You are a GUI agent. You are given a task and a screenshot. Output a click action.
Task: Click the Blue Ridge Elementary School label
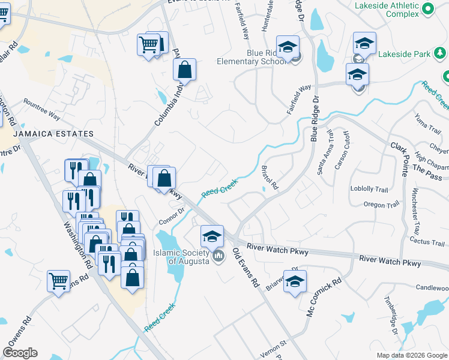coord(262,57)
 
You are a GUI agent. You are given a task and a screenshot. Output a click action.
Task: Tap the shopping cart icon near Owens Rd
coord(58,280)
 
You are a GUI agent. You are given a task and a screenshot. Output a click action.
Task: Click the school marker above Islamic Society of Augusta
coord(212,236)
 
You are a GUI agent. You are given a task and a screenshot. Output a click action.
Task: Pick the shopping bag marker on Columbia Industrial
coord(185,69)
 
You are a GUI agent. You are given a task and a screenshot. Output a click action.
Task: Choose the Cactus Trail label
coord(426,241)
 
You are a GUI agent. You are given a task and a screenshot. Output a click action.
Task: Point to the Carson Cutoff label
coord(342,150)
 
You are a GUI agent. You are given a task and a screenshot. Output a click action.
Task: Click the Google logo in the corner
coord(20,353)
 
